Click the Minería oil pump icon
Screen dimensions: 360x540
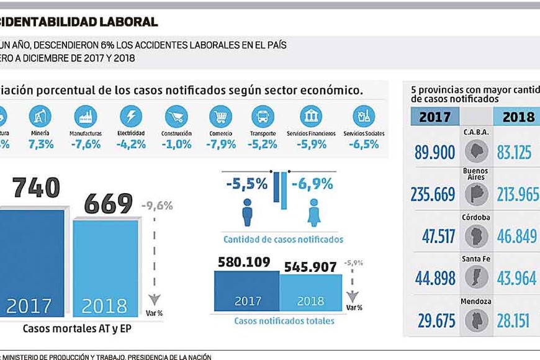click(x=40, y=116)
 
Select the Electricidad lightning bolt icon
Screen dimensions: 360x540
click(x=131, y=116)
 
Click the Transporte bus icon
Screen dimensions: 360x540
click(x=263, y=116)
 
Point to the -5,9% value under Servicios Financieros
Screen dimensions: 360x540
click(x=311, y=144)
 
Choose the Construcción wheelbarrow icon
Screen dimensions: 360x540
click(x=176, y=116)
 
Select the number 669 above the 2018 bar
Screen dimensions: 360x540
click(x=109, y=203)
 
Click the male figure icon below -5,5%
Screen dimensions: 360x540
click(x=247, y=212)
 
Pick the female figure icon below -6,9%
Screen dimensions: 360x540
click(x=313, y=212)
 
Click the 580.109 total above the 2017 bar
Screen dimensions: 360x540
click(x=246, y=263)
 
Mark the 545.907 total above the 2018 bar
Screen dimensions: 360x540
click(x=310, y=267)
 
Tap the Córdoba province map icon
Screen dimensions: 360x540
click(x=476, y=236)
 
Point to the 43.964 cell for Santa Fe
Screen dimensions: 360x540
click(x=516, y=278)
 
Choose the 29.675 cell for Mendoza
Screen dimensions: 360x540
click(x=433, y=320)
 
